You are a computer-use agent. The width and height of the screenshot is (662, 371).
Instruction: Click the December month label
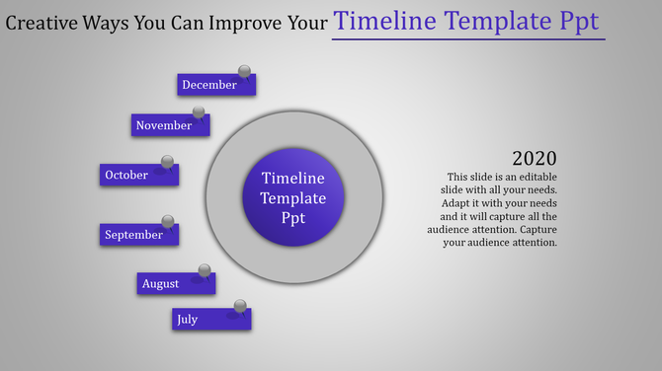pos(209,85)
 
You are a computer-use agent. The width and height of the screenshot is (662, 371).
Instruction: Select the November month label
pos(164,125)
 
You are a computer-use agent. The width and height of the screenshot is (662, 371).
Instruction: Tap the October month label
pos(126,175)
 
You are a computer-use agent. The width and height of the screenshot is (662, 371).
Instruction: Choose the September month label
pos(133,235)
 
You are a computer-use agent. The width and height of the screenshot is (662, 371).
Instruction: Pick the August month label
pos(160,284)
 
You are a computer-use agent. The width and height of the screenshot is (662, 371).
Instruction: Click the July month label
pos(187,319)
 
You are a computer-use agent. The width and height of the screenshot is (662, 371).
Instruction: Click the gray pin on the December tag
pos(244,71)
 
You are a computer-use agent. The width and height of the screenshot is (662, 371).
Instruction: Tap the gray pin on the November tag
pos(199,111)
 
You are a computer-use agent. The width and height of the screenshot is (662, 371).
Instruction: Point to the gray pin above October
pos(168,161)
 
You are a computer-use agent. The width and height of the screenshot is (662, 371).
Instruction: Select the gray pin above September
pos(168,220)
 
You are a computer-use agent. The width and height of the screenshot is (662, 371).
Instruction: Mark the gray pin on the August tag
pos(205,269)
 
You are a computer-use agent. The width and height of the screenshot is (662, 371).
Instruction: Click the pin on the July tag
pos(240,305)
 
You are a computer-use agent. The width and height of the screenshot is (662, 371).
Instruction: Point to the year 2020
pos(535,158)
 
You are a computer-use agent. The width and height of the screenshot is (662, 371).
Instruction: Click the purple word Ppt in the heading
pos(578,22)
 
